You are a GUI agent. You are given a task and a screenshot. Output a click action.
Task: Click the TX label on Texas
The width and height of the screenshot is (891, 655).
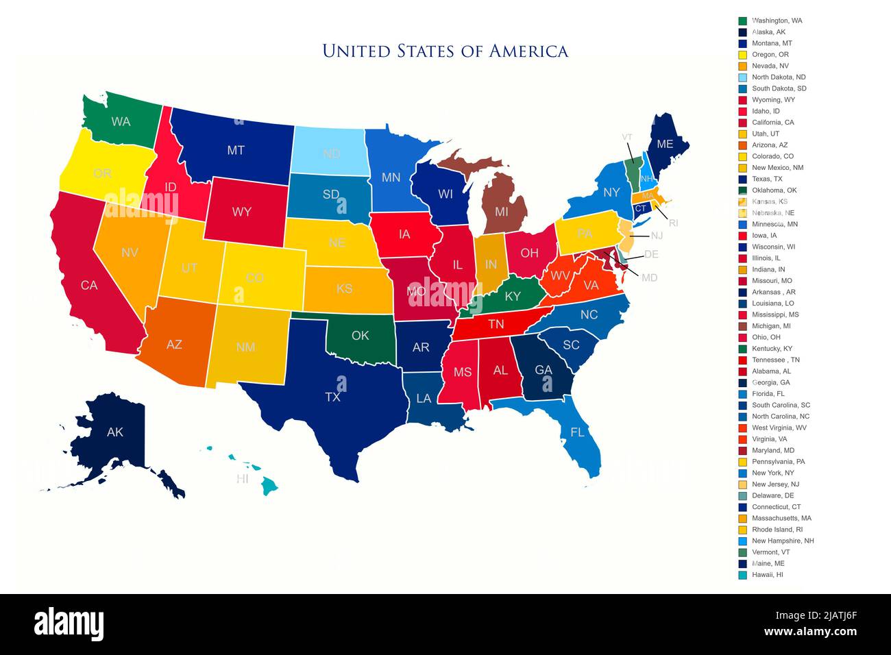coord(332,397)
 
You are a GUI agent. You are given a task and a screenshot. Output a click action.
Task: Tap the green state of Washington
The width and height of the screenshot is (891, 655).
coord(121,121)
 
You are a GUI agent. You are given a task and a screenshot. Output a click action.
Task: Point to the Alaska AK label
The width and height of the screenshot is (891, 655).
coord(115,432)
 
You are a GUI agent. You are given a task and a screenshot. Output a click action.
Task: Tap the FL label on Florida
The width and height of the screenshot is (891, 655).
coord(577,432)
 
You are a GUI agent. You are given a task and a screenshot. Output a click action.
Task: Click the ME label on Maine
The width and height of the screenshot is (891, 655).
coord(665,144)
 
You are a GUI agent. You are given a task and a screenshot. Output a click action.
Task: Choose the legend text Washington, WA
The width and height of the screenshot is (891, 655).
coord(777,21)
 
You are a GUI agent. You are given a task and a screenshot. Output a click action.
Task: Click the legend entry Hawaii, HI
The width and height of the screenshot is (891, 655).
coord(767,575)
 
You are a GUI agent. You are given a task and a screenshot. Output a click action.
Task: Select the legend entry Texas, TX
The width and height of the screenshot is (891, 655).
coord(766,179)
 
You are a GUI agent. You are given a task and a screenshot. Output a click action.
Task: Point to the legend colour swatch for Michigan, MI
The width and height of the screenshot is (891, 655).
coord(742,326)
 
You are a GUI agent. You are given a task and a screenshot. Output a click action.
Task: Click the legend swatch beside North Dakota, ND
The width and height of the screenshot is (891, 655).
coord(742,77)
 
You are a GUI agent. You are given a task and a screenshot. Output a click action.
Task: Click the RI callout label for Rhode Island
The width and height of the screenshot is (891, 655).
coord(673,223)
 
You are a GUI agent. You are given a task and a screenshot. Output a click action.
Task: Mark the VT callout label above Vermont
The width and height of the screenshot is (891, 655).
coord(626,137)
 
